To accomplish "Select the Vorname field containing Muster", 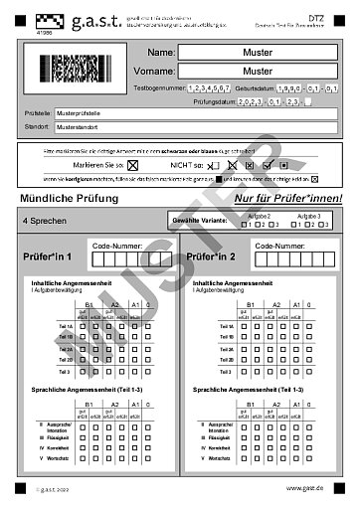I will (x=257, y=72).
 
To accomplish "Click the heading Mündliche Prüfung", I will (x=65, y=199).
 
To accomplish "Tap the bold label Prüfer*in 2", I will (x=212, y=257).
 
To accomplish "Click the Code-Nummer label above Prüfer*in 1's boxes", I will (x=116, y=244).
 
